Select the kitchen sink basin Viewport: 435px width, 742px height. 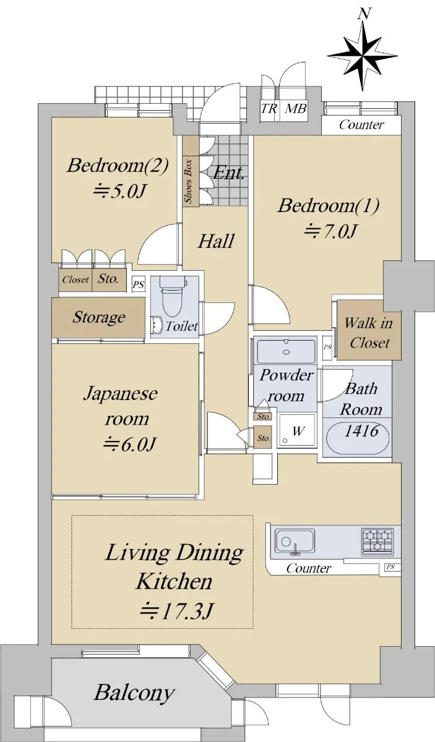[295, 540]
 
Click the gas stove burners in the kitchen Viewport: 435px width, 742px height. [377, 540]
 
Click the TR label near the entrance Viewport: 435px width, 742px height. [269, 108]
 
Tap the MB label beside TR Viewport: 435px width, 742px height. [296, 108]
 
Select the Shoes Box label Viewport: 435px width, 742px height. [188, 181]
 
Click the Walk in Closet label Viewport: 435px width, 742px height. [369, 333]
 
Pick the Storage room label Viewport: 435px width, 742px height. [99, 317]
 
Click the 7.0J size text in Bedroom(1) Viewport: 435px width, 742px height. [331, 231]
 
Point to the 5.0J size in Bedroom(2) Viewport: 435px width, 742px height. [119, 190]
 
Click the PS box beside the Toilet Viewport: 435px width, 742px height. [139, 284]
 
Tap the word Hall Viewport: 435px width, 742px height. [216, 241]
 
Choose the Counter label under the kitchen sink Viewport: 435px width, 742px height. [308, 568]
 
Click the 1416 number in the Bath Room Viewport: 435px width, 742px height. [361, 431]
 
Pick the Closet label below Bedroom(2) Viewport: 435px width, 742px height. [75, 279]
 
